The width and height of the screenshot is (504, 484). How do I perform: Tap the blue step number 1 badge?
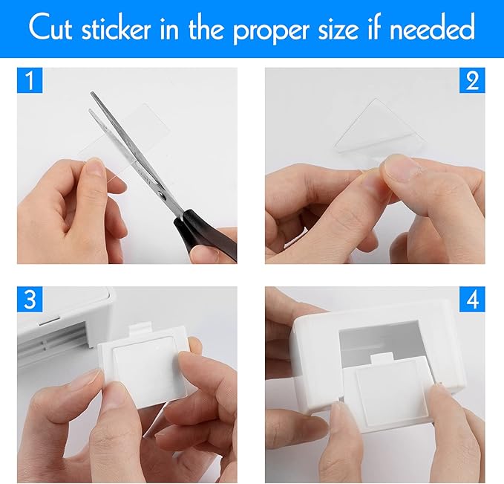30,81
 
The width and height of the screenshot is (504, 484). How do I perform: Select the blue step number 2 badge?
472,81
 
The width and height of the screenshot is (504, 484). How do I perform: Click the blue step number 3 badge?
30,300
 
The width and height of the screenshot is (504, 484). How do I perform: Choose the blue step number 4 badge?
472,300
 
